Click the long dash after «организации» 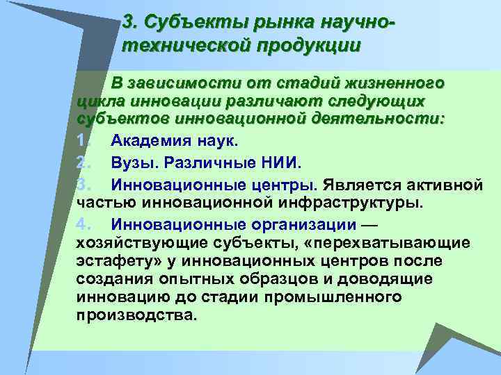click(x=369, y=226)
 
